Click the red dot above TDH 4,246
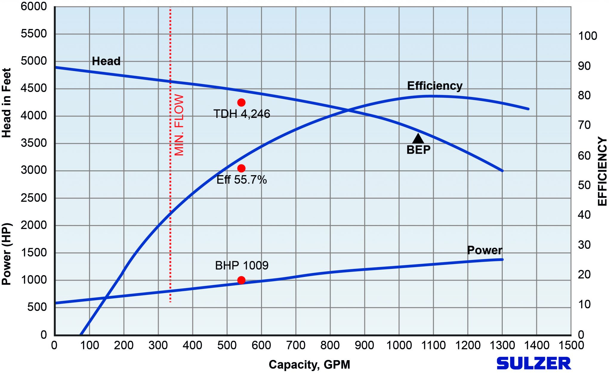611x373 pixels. click(x=241, y=102)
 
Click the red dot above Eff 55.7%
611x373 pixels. click(x=241, y=168)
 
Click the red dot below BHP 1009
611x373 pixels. click(x=241, y=280)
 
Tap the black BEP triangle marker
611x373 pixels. click(x=418, y=139)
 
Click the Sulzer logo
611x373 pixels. click(x=533, y=363)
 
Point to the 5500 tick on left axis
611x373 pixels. click(x=34, y=34)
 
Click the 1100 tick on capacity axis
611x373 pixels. click(x=433, y=345)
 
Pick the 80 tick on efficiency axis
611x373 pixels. click(x=584, y=95)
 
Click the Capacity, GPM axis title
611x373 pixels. click(x=309, y=364)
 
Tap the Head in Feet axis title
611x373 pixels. click(x=6, y=103)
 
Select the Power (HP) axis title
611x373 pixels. click(x=6, y=254)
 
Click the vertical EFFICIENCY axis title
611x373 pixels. click(x=602, y=171)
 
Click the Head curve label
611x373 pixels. click(x=106, y=61)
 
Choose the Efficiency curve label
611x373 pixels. click(x=435, y=86)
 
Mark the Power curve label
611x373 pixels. click(x=485, y=250)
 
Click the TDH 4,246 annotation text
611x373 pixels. click(x=242, y=114)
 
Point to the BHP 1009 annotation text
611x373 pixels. click(x=242, y=265)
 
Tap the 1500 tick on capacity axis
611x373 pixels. click(x=571, y=345)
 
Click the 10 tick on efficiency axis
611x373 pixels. click(x=584, y=305)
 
